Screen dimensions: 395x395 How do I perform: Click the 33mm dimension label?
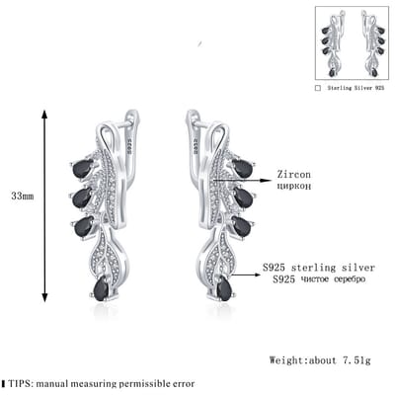[23, 197]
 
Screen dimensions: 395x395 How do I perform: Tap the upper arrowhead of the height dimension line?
[45, 114]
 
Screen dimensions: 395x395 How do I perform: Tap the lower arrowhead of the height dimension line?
[45, 297]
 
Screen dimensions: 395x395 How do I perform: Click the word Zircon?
[293, 174]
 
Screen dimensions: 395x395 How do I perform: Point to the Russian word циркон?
[293, 187]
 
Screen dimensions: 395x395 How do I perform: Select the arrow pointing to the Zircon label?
[243, 180]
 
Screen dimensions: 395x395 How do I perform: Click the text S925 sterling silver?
[319, 268]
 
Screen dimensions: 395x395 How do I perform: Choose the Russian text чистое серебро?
[333, 279]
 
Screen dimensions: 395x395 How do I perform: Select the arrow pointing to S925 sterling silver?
[246, 275]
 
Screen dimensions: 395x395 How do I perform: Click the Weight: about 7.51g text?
[320, 360]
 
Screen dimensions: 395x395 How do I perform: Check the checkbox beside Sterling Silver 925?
[318, 88]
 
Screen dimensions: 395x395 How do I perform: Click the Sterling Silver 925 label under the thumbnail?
[355, 88]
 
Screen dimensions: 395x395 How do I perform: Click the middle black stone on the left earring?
[82, 197]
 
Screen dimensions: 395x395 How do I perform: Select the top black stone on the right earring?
[243, 168]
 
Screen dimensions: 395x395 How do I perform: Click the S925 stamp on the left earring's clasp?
[129, 145]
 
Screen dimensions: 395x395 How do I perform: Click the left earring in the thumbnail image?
[333, 43]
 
